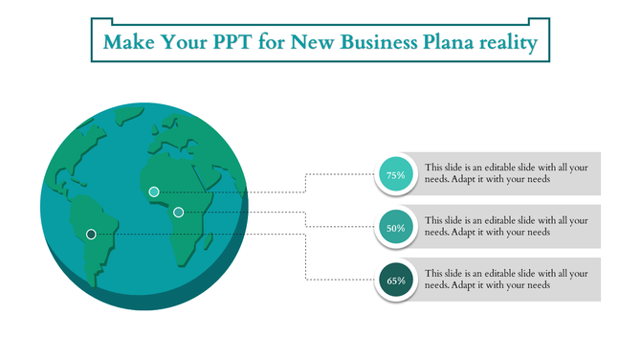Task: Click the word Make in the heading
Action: point(129,43)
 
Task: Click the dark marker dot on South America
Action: point(91,234)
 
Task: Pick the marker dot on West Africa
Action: point(153,191)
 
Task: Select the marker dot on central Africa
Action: point(178,212)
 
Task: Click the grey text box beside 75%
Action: point(512,173)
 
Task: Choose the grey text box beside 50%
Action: point(512,226)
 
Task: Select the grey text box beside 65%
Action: point(512,279)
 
